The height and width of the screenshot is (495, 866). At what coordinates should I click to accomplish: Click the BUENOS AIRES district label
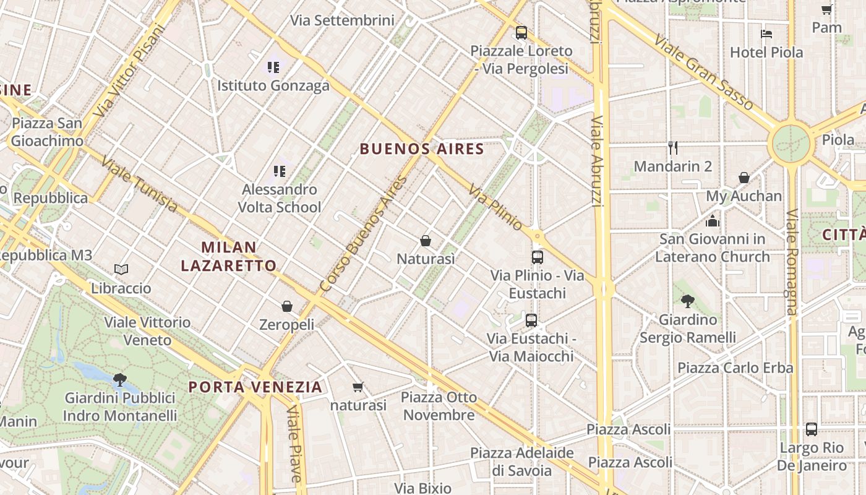pos(422,149)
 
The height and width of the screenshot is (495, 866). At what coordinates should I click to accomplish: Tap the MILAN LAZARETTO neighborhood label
pos(229,257)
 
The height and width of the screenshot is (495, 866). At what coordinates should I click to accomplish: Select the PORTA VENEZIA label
pos(255,387)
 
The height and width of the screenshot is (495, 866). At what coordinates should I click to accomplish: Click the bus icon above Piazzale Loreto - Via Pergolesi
pos(521,33)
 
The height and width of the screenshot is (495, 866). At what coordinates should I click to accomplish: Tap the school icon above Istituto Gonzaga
pos(273,67)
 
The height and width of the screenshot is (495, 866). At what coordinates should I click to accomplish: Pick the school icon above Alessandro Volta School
pos(280,171)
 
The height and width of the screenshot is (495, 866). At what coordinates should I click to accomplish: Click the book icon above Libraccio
pos(121,270)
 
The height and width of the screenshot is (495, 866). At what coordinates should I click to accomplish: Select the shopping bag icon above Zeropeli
pos(287,306)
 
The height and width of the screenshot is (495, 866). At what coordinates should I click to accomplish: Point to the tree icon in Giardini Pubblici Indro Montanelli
pos(120,379)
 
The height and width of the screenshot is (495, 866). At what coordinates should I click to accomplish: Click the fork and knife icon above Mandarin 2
pos(673,148)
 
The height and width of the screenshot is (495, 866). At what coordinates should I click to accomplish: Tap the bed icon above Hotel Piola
pos(766,33)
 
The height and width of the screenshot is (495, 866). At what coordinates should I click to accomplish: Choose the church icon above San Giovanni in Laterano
pos(713,220)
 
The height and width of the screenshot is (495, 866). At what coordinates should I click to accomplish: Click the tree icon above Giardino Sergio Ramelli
pos(687,301)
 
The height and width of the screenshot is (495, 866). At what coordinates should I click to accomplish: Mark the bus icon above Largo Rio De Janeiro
pos(811,429)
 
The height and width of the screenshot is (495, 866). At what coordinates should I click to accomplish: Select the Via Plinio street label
pos(495,207)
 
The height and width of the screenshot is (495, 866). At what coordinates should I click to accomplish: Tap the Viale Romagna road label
pos(792,261)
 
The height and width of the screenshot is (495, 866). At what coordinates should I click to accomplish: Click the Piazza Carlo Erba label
pos(735,368)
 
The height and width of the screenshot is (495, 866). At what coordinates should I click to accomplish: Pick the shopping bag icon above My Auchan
pos(744,178)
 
